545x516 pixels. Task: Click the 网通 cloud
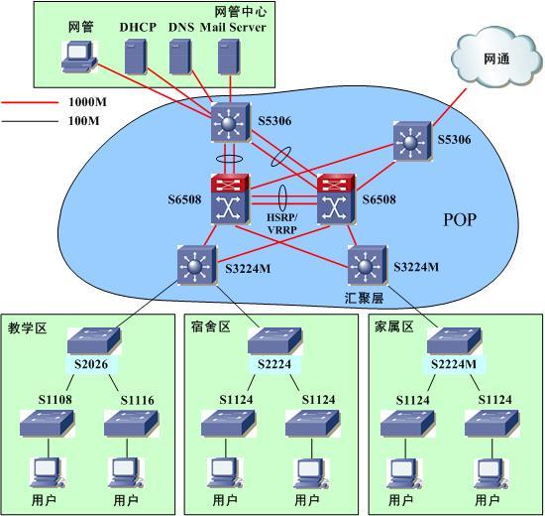496,58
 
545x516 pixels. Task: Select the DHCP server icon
135,57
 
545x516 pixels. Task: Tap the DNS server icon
180,57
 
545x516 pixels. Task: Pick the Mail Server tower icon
229,57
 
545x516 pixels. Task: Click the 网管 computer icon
79,57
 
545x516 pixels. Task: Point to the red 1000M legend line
30,103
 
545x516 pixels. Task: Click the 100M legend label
84,121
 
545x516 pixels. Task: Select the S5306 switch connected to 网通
412,141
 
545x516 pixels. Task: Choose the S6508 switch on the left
230,198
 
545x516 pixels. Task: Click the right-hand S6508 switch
336,198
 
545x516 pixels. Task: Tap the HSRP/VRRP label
281,223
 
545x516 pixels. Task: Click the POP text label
460,219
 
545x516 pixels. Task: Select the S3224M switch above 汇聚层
367,265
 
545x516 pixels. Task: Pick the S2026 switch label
91,364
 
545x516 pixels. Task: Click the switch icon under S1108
47,424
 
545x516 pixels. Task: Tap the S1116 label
138,400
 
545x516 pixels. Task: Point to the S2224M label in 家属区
454,364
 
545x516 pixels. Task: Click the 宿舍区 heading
211,326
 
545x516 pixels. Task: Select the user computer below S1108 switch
48,473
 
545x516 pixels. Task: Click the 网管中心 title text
241,12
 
